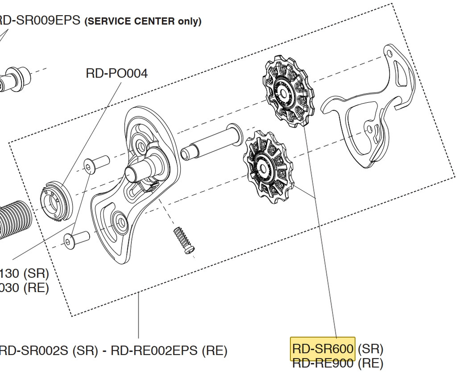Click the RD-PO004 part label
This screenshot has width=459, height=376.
pyautogui.click(x=117, y=73)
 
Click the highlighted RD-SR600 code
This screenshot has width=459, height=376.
pyautogui.click(x=323, y=349)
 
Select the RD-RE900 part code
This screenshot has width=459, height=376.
pyautogui.click(x=323, y=363)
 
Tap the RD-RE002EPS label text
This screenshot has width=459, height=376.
pyautogui.click(x=156, y=351)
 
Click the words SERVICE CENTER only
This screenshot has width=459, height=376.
pyautogui.click(x=143, y=21)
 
